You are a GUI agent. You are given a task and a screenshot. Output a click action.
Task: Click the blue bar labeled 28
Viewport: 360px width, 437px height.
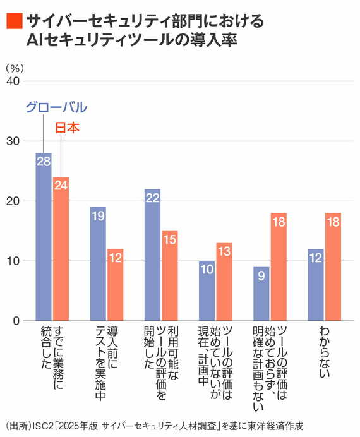[44, 237]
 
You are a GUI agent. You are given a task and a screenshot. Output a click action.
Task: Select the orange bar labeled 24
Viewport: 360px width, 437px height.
[61, 249]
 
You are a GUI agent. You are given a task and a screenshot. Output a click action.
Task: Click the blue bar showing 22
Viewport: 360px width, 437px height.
[152, 255]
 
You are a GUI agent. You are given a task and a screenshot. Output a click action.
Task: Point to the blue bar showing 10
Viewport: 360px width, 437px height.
[207, 291]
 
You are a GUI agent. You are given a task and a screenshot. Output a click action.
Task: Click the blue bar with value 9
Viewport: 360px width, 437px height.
[261, 294]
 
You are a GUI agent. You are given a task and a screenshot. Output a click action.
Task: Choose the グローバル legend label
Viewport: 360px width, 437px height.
[56, 107]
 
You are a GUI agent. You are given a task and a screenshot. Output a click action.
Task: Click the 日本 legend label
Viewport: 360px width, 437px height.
[68, 128]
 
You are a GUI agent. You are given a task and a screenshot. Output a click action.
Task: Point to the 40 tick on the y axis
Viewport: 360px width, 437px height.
[13, 81]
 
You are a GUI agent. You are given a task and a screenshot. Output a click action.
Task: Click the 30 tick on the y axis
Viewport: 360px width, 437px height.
[13, 141]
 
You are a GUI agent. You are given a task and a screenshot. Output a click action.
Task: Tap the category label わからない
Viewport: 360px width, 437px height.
[325, 354]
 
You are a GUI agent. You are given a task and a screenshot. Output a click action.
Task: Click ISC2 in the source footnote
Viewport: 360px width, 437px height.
[40, 424]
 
